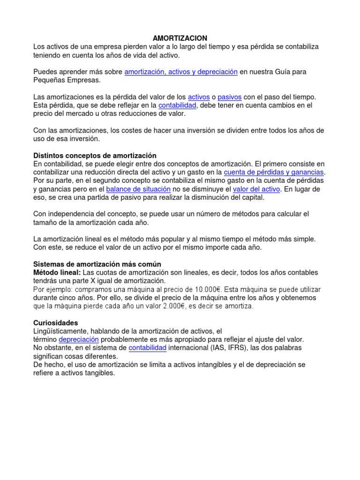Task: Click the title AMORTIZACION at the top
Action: [180, 38]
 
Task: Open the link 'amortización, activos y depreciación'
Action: [181, 72]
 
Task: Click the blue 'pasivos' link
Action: [230, 97]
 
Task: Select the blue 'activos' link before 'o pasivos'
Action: [199, 97]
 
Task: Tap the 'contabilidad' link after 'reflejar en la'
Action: [177, 105]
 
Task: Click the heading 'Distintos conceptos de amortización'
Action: [95, 155]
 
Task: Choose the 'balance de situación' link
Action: [138, 189]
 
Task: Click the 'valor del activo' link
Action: [257, 189]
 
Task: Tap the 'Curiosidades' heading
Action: [56, 323]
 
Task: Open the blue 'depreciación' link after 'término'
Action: [79, 339]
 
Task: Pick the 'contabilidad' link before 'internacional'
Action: [148, 348]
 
